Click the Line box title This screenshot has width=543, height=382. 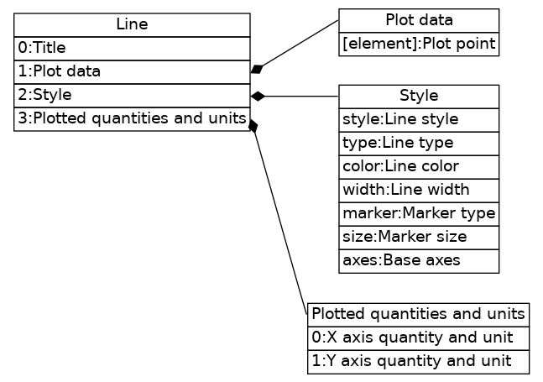click(132, 25)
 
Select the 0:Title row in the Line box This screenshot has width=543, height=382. click(132, 49)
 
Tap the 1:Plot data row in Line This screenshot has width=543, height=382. click(132, 72)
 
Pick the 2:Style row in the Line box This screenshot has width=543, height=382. click(132, 96)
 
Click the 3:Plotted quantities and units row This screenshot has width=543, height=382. click(132, 119)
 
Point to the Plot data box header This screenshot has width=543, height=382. click(419, 20)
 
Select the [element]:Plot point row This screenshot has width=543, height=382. click(419, 44)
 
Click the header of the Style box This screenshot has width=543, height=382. click(419, 97)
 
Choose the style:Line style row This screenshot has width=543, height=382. click(419, 120)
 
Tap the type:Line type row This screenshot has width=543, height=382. click(419, 144)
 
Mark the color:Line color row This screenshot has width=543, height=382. click(419, 166)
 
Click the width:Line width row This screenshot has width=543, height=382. click(419, 190)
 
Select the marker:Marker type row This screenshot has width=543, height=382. click(419, 214)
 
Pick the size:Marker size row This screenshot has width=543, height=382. click(419, 238)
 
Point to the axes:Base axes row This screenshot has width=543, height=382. click(419, 261)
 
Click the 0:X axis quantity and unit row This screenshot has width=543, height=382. click(418, 338)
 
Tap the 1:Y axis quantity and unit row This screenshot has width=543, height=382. click(418, 361)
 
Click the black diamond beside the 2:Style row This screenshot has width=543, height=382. click(258, 97)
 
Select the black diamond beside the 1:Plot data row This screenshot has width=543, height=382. click(258, 68)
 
